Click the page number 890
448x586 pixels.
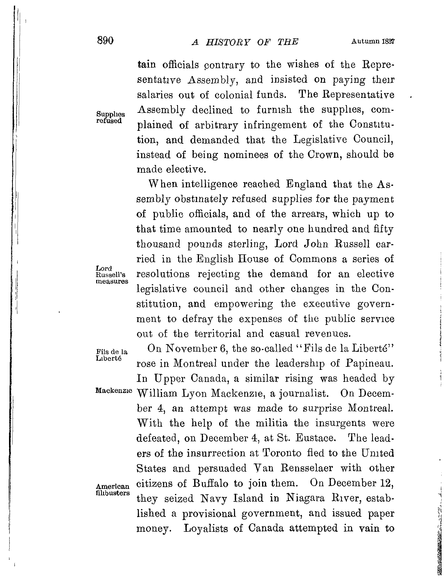pos(106,41)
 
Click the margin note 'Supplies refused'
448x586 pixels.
pos(110,117)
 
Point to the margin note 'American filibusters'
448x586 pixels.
pos(113,490)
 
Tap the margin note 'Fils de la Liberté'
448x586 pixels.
pos(111,355)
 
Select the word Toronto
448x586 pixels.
pos(282,453)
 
